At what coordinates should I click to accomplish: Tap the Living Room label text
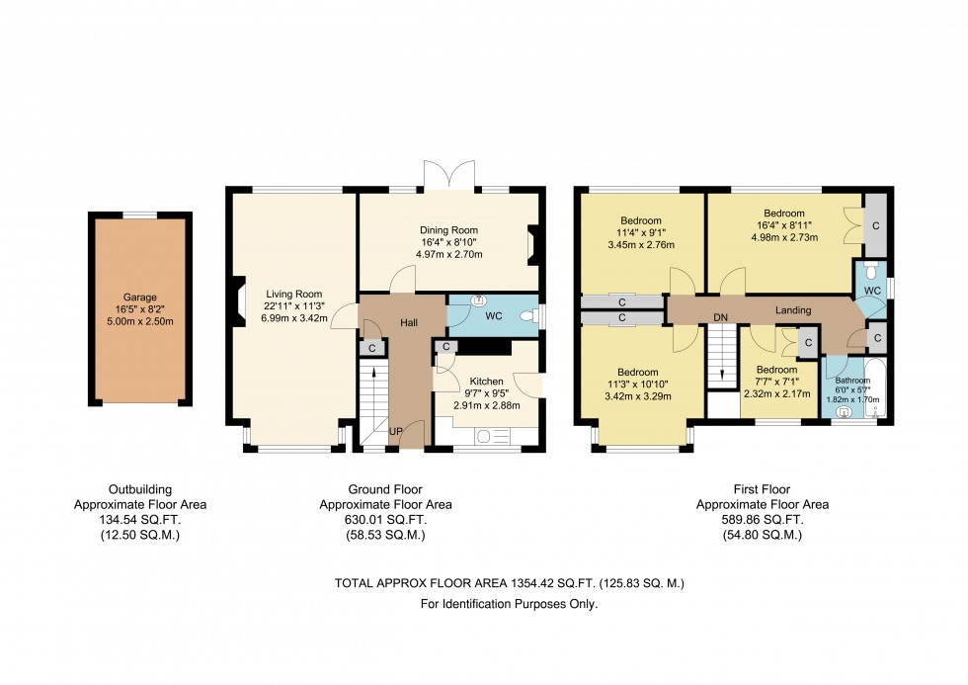[x=294, y=293]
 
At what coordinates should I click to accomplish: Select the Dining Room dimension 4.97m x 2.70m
[x=449, y=254]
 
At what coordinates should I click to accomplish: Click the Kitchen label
[x=486, y=381]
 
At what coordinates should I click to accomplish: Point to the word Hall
[x=410, y=322]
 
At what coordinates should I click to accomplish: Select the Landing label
[x=793, y=310]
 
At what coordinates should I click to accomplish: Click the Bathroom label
[x=852, y=381]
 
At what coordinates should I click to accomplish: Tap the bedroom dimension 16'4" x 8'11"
[x=784, y=224]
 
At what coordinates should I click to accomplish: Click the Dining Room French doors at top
[x=449, y=176]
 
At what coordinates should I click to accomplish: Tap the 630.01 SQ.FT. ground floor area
[x=385, y=519]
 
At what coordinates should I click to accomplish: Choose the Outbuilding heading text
[x=139, y=489]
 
